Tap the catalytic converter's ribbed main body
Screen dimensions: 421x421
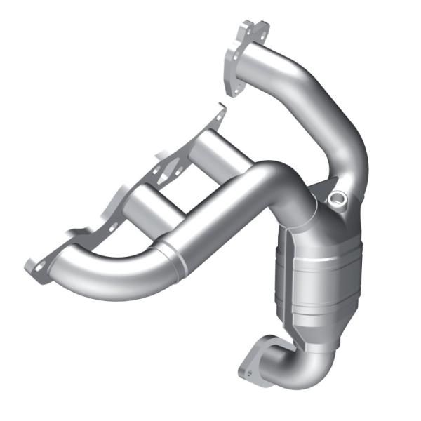pos(309,281)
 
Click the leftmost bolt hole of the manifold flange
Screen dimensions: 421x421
pos(33,265)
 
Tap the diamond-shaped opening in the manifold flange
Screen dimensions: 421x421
pos(171,169)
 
